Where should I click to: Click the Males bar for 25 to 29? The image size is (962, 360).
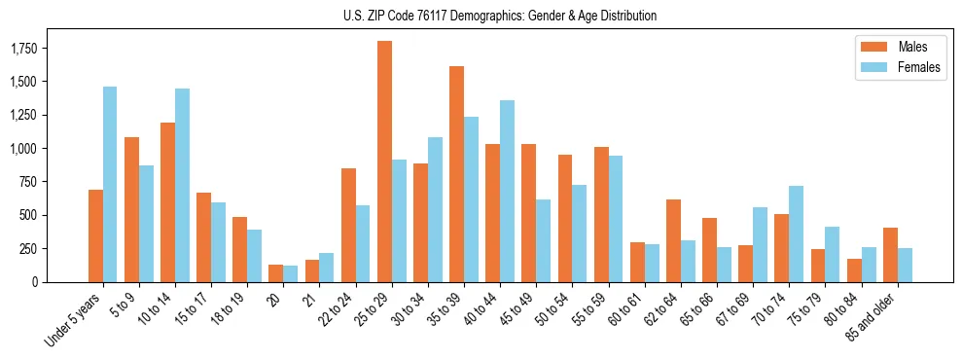pos(384,162)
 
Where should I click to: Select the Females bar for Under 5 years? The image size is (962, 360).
pos(110,184)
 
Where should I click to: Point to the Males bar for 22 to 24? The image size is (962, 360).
pos(348,225)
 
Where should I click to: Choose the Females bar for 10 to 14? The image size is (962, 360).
pos(182,185)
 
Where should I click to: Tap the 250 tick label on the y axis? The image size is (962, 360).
pos(29,249)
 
